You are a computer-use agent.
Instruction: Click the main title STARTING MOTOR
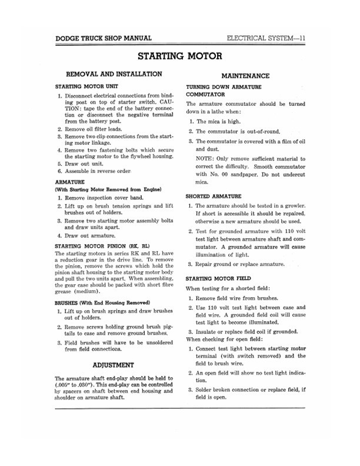coord(179,57)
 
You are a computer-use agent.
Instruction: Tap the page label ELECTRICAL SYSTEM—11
coord(269,39)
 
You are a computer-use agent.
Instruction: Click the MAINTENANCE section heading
coord(245,76)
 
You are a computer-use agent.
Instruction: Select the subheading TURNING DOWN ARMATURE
coord(221,86)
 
